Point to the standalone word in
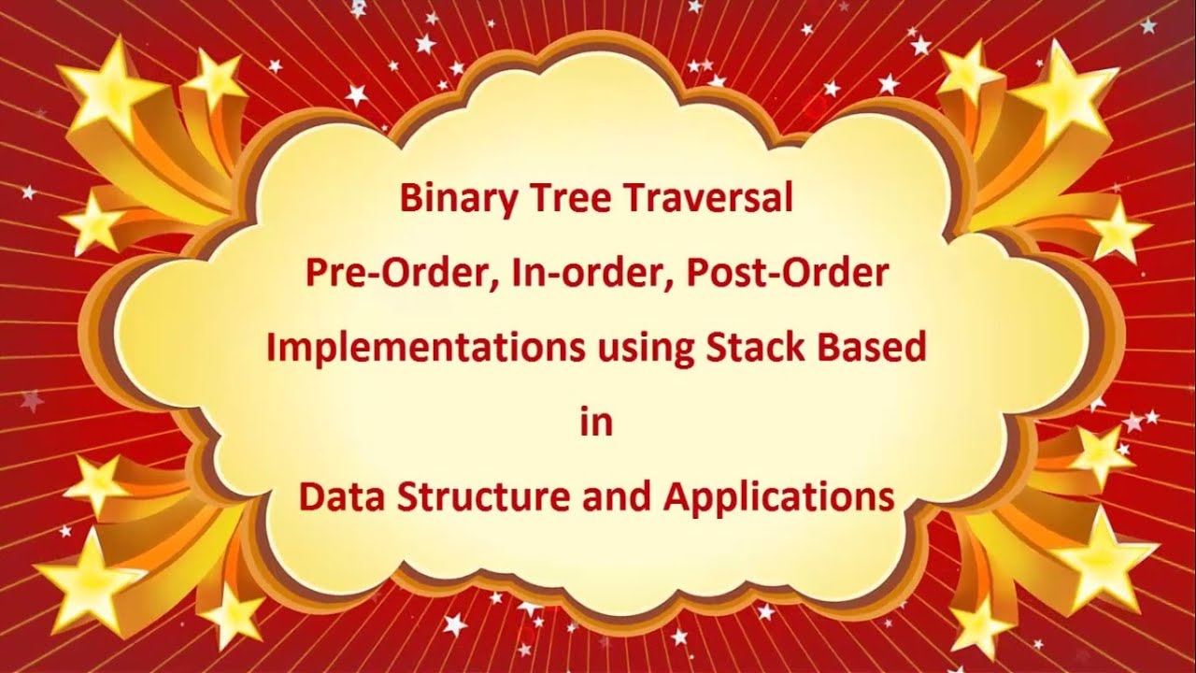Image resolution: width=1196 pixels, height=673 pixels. click(x=596, y=422)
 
